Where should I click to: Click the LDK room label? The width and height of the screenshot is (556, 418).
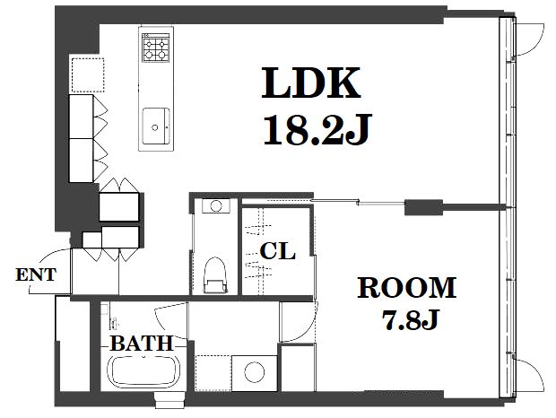coord(311,83)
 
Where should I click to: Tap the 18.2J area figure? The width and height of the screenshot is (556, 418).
coord(317,130)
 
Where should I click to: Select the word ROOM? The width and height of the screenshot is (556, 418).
coord(407,288)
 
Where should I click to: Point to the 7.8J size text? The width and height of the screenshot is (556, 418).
coord(411,319)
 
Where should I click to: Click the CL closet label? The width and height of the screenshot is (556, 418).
coord(277,251)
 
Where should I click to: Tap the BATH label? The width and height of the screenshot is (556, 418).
coord(142,344)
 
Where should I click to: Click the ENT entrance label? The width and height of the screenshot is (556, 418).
coord(36,274)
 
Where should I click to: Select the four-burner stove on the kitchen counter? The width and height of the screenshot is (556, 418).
coord(156,48)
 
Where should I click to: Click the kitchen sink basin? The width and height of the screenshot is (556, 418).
coord(156,126)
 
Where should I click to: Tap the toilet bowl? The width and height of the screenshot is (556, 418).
coord(215,274)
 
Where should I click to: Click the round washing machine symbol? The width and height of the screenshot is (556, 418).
coord(255,372)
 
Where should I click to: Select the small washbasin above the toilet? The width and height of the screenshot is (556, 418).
coord(215,205)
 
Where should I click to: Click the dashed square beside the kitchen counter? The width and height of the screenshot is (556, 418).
coord(88,74)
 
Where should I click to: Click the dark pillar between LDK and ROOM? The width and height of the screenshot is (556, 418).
coord(424,207)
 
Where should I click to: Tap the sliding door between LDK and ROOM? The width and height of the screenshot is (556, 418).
coord(358,203)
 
